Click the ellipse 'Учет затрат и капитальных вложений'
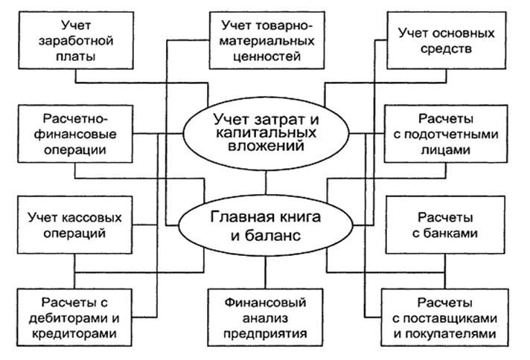pos(266,129)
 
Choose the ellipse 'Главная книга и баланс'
pos(266,228)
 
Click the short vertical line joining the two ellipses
pos(266,181)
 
